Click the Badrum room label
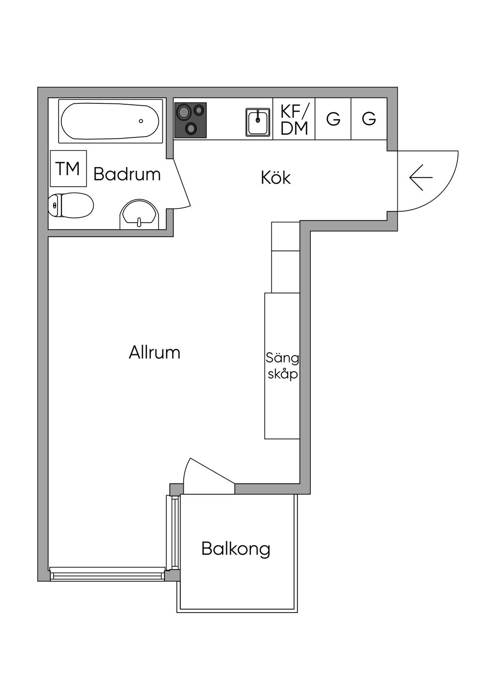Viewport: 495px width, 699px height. pos(127,174)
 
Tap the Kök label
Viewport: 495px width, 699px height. pos(276,178)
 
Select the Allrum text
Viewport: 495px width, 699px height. pos(154,353)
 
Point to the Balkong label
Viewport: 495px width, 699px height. pos(235,549)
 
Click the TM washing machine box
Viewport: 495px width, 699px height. pos(68,168)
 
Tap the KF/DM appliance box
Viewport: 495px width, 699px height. pos(294,119)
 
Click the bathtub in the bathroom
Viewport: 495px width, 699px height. pos(110,121)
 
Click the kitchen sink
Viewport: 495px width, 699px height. pos(258,122)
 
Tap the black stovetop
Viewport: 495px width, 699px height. pos(190,120)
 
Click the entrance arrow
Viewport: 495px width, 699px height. pos(421,178)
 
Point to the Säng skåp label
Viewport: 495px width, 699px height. pos(282,366)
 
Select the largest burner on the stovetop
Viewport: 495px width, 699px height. pos(183,112)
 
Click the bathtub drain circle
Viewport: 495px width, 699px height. pos(141,121)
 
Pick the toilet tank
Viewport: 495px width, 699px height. pos(54,205)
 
